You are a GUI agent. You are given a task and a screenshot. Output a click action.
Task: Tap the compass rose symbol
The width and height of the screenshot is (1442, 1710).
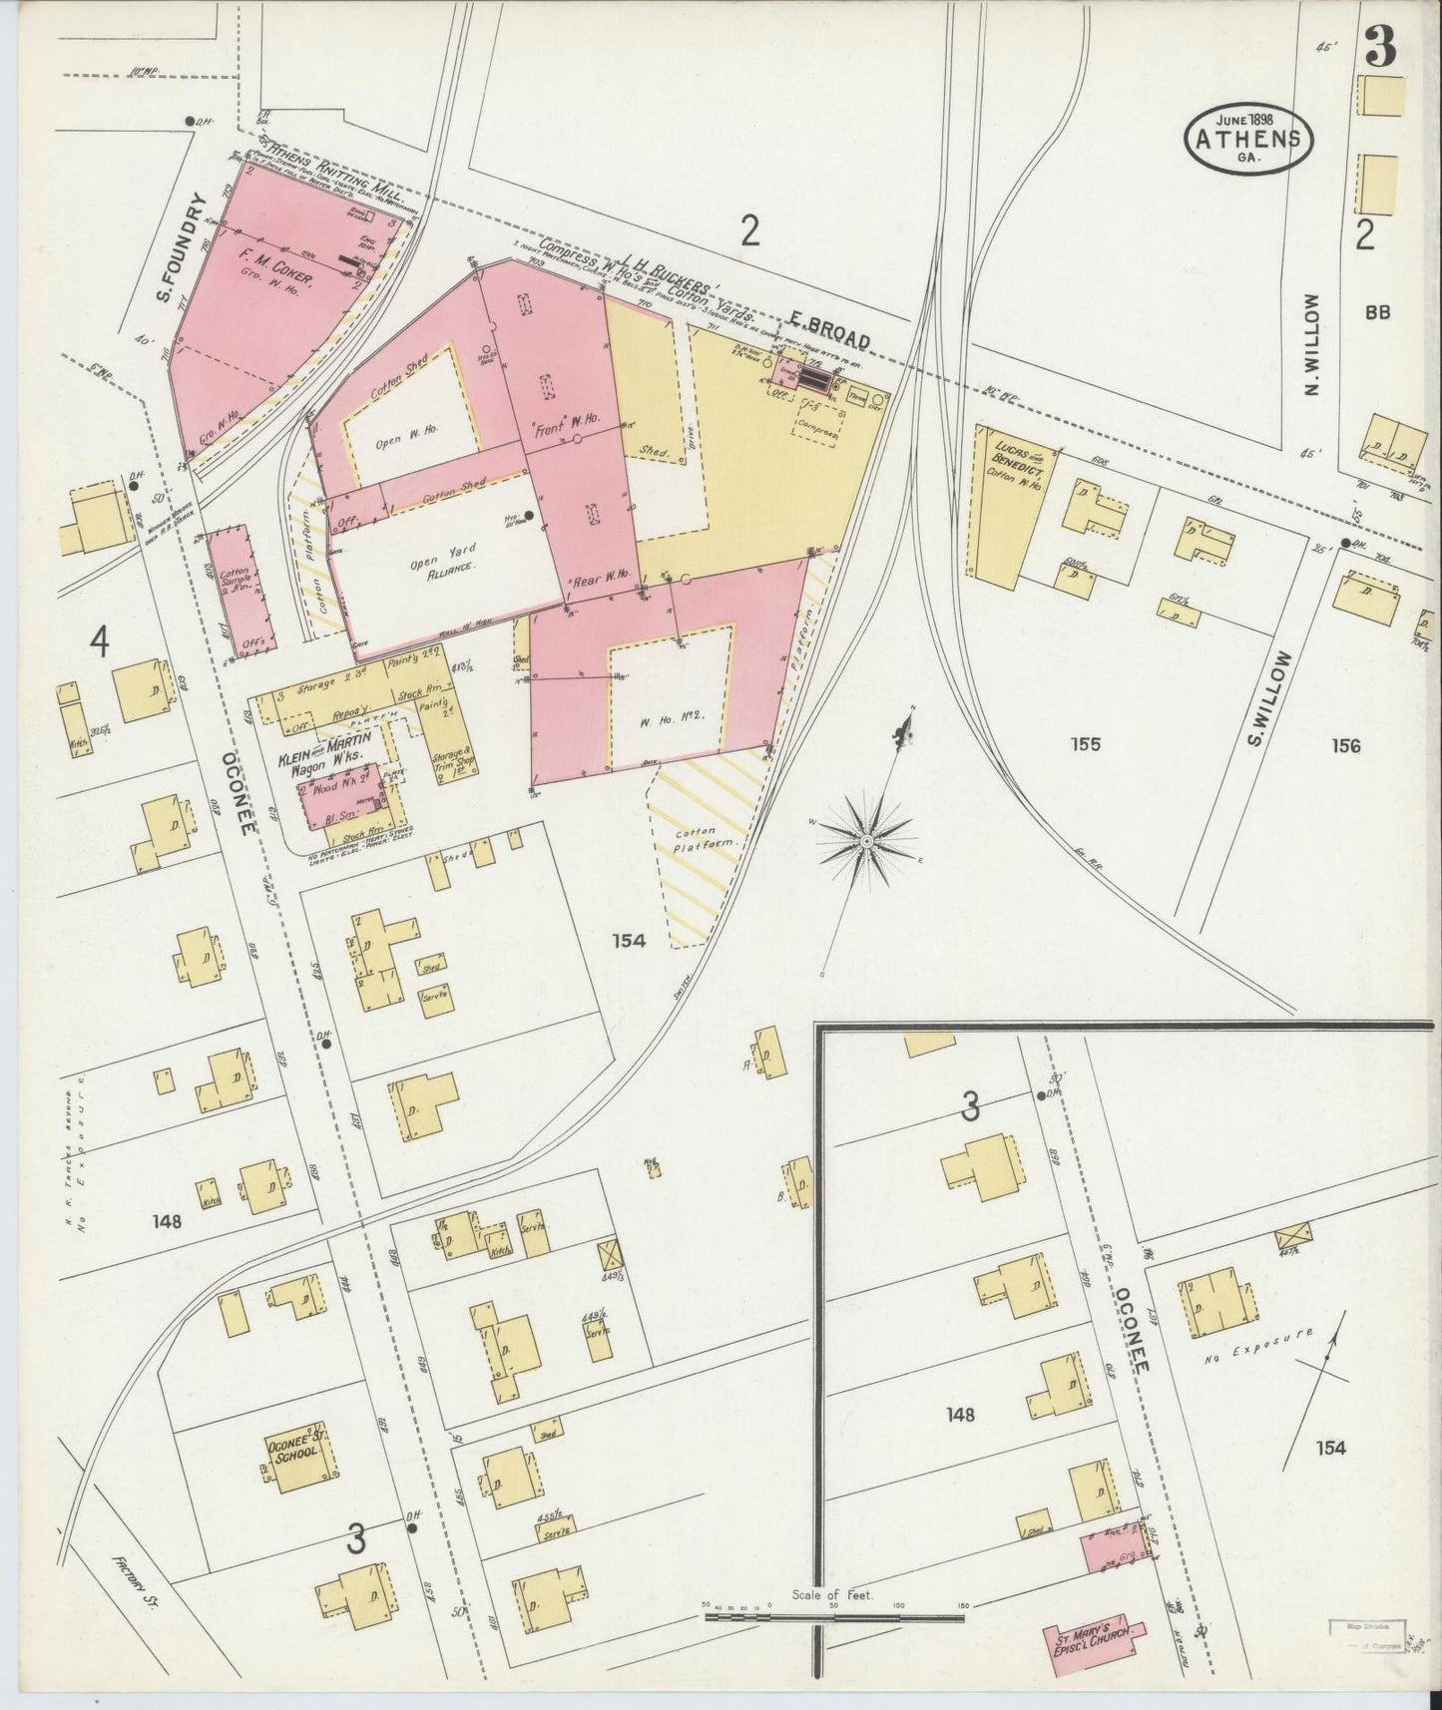click(x=867, y=840)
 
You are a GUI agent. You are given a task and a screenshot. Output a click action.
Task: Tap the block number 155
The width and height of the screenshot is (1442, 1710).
click(x=1085, y=743)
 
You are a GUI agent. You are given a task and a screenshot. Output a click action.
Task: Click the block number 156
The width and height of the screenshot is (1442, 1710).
click(x=1344, y=744)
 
